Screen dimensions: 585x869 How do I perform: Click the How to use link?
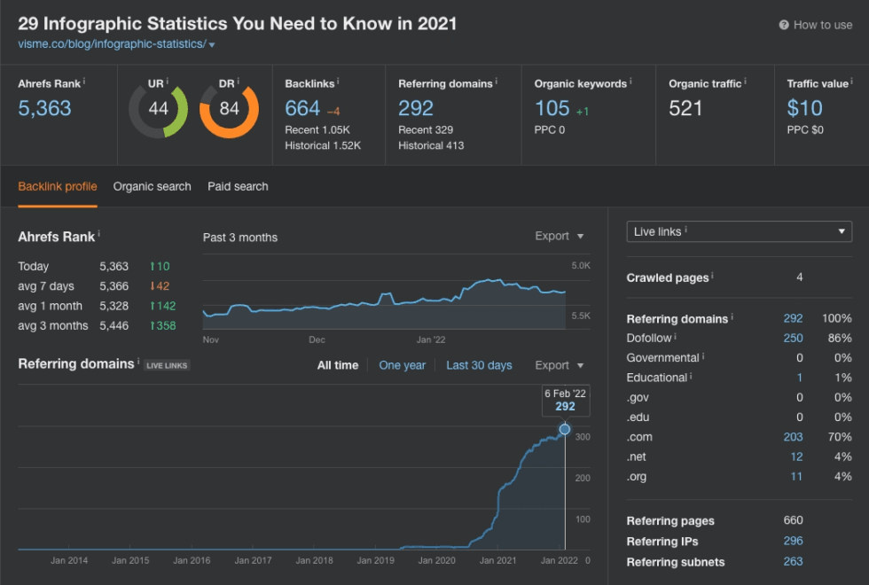(815, 25)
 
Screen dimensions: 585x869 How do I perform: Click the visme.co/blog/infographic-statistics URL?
(112, 43)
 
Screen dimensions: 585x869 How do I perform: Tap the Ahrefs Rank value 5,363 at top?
(44, 108)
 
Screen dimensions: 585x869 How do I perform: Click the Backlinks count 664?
(302, 108)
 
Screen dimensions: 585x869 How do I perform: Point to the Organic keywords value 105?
(552, 108)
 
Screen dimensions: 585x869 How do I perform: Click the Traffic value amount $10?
(804, 108)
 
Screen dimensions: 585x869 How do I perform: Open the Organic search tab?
(152, 186)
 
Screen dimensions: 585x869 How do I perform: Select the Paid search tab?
(238, 186)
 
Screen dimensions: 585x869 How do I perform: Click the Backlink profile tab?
(58, 186)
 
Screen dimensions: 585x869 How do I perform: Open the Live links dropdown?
(739, 231)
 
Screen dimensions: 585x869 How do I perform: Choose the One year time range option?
(402, 365)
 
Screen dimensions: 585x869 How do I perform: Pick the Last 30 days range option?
(479, 365)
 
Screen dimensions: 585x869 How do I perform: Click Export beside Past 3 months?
(559, 237)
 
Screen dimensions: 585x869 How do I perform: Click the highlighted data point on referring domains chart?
(565, 429)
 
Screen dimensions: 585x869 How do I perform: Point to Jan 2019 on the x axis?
(376, 560)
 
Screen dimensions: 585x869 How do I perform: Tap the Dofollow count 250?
(793, 338)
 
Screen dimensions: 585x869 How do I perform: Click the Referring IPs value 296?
(793, 541)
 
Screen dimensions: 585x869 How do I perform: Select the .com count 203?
(793, 436)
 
